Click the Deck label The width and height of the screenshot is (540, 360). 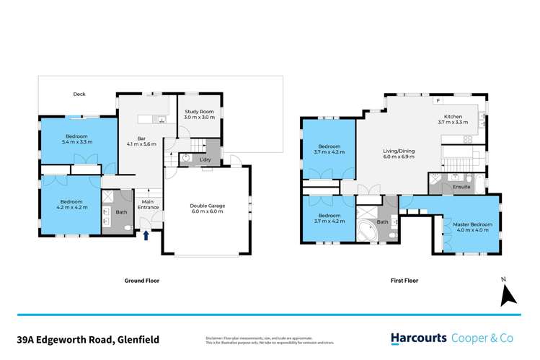coord(79,94)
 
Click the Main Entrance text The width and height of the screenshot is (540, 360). coord(149,204)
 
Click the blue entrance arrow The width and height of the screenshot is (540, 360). coord(147,234)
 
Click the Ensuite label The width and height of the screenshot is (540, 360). coord(461,187)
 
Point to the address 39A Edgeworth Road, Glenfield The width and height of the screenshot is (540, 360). coord(90,338)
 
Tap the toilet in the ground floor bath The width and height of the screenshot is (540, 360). coord(127,227)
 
